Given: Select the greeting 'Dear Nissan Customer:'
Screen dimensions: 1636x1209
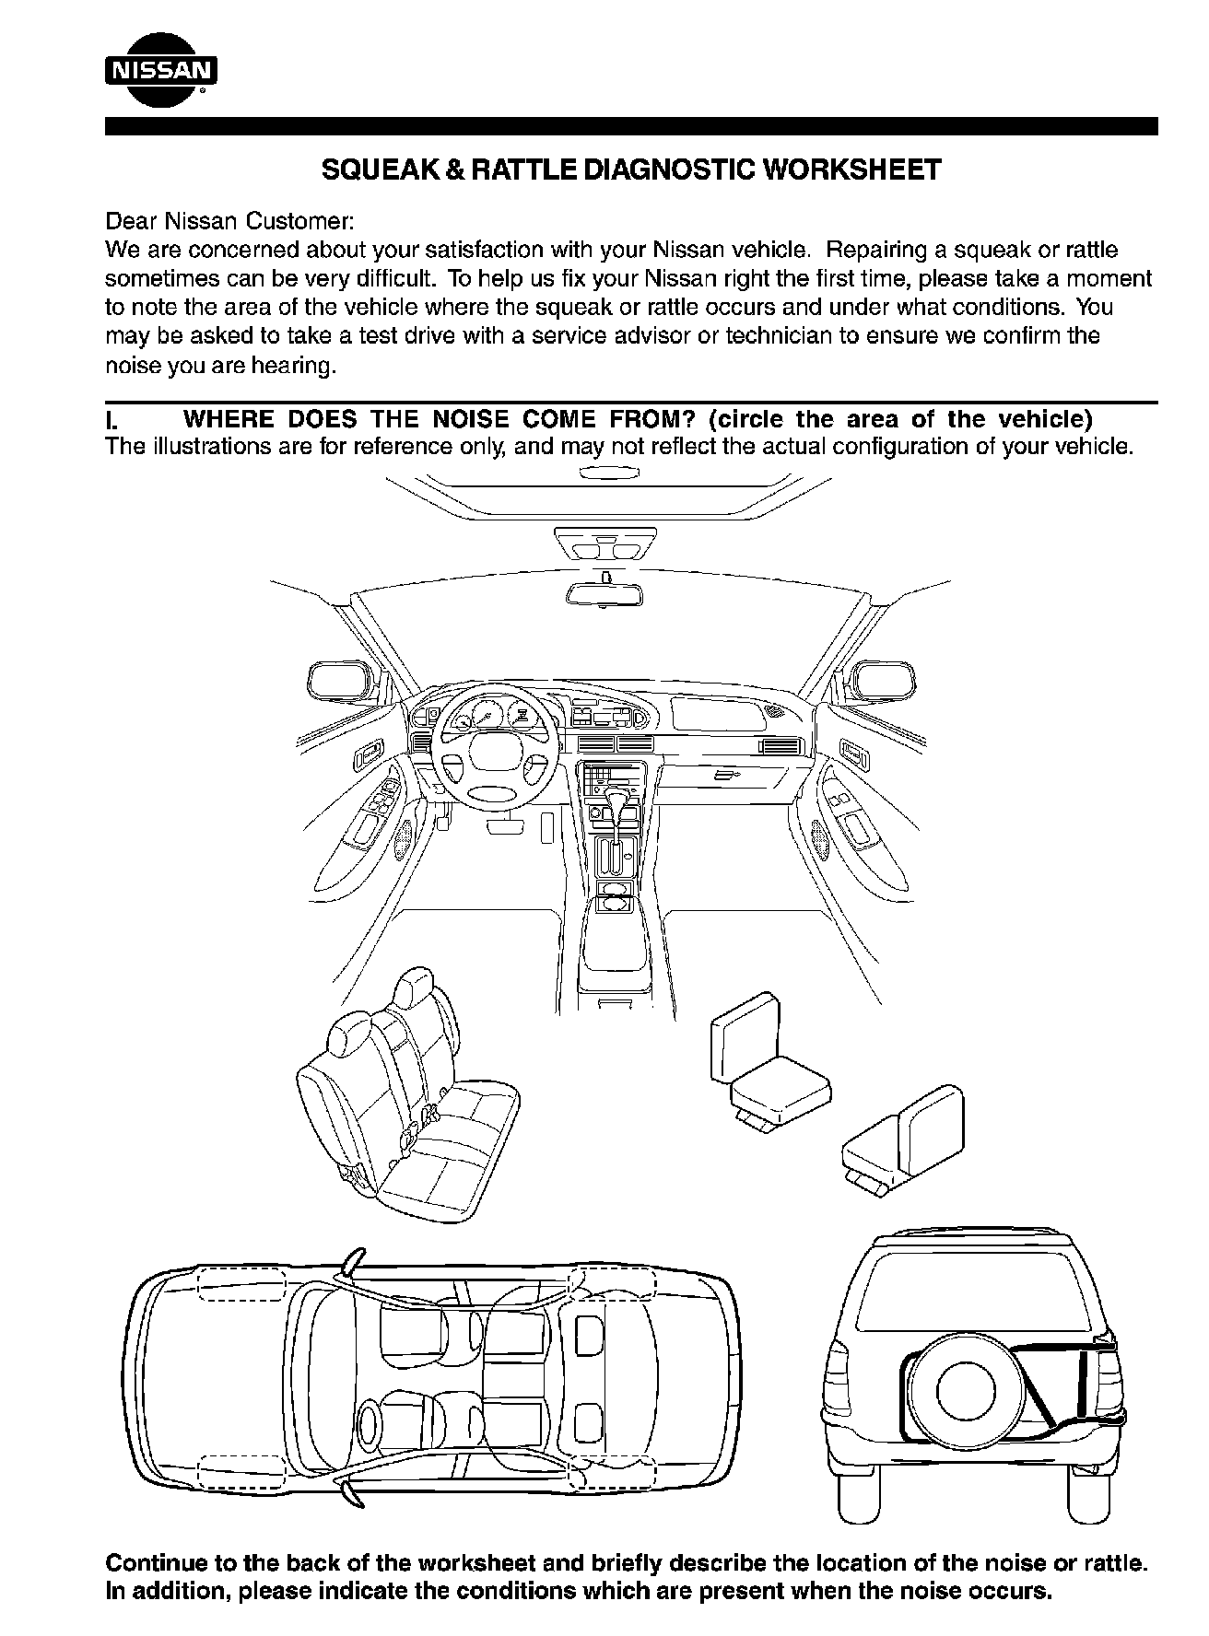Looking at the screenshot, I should (229, 222).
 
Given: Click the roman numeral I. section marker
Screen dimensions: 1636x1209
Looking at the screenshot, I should (112, 420).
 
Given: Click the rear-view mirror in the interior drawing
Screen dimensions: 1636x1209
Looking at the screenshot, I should (604, 593).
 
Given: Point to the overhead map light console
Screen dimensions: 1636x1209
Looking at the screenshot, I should (604, 546).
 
